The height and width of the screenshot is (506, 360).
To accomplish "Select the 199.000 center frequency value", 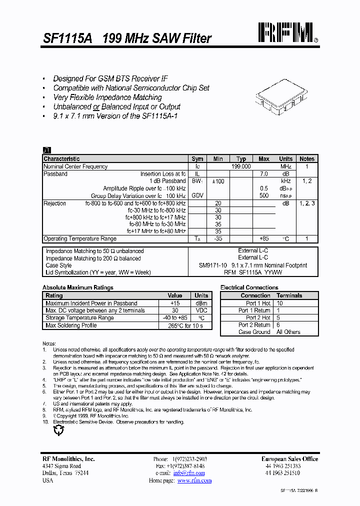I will coord(241,166).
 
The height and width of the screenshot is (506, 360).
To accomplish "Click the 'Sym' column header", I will coord(197,159).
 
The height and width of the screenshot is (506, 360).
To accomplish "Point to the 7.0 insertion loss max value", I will coord(263,174).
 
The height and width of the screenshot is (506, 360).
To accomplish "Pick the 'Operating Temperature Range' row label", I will coord(80,238).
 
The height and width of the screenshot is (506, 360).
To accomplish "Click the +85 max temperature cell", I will coord(264,238).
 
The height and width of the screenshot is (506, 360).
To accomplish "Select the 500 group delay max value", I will coord(264,196).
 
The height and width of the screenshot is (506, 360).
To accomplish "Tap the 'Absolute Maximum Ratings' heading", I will coord(78,287).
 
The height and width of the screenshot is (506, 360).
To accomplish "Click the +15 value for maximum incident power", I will coord(174,303).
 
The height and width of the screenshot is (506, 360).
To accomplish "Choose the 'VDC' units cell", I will coord(201,310).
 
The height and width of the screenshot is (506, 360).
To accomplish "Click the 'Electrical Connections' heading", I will coord(249,287).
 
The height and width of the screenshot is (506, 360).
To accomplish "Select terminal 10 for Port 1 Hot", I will coord(279,303).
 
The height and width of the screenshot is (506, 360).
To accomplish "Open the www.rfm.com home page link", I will coord(194,480).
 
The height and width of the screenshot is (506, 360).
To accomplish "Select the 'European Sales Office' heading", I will coord(289,459).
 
